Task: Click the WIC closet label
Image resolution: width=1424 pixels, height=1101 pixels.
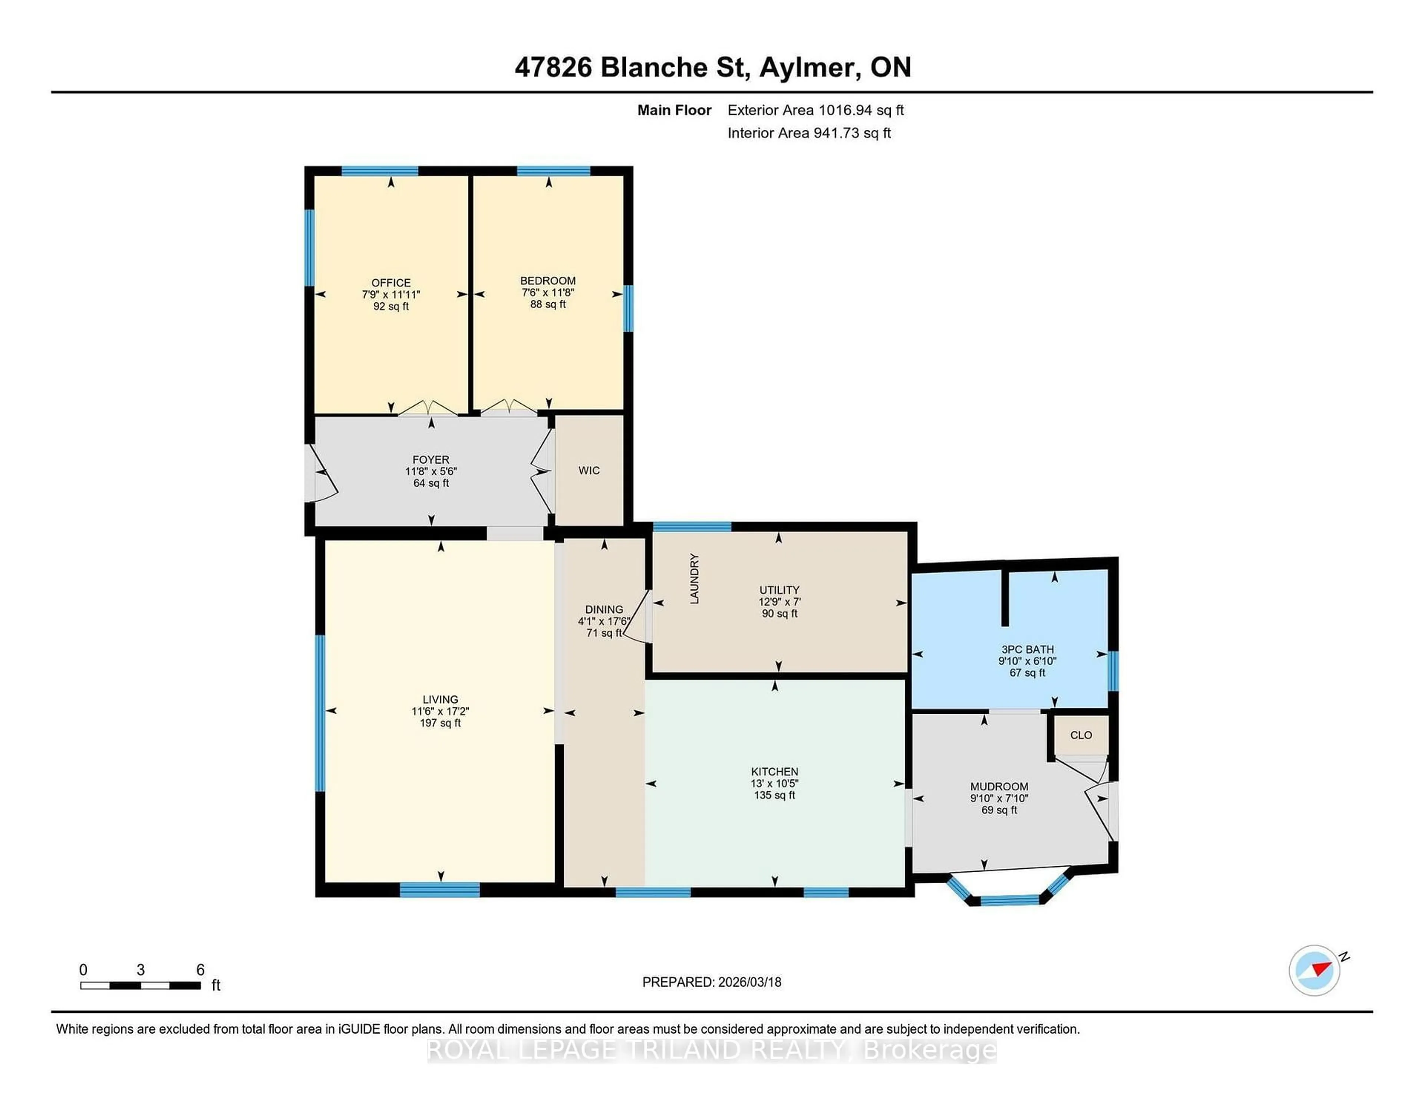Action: coord(589,470)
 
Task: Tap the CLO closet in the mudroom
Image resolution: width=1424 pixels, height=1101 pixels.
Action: coord(1080,735)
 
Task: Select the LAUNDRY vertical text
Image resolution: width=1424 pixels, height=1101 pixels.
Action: coord(695,579)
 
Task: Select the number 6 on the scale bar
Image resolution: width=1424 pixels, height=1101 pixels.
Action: coord(200,969)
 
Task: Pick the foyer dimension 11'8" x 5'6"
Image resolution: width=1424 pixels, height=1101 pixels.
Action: coord(431,471)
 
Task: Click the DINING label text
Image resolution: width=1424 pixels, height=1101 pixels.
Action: coord(604,609)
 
